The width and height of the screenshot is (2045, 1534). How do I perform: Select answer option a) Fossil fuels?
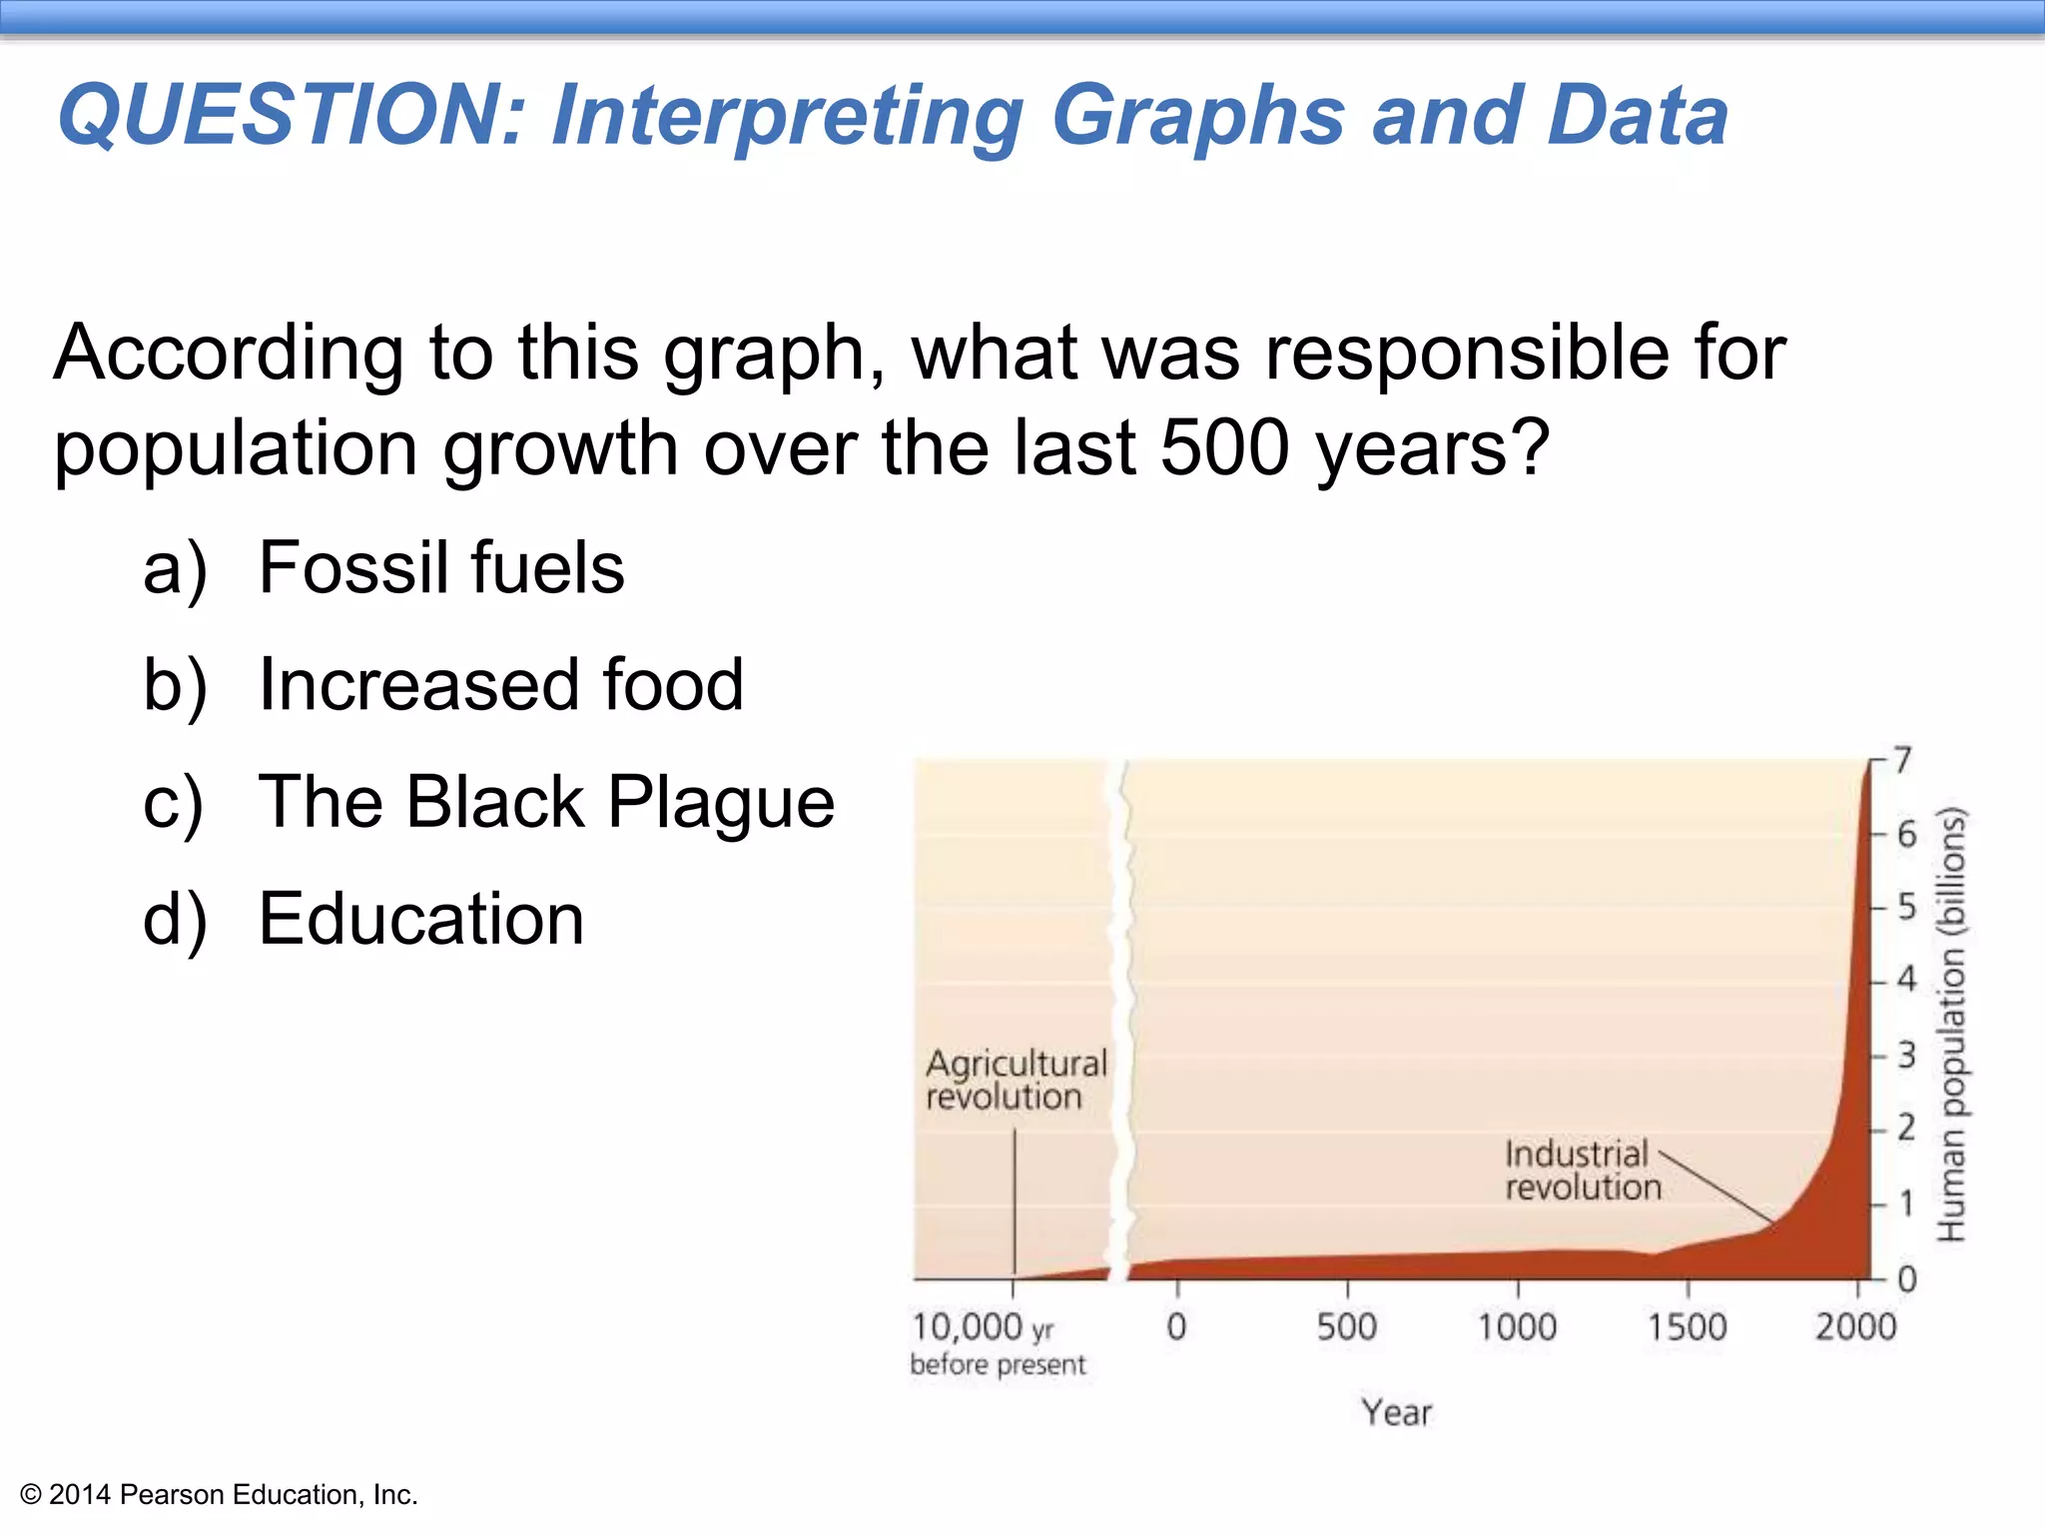click(x=440, y=568)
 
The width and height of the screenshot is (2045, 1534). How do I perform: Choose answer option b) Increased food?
click(x=500, y=685)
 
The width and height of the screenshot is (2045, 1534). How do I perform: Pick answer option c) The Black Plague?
click(x=545, y=802)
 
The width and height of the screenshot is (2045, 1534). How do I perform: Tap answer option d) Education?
click(x=420, y=919)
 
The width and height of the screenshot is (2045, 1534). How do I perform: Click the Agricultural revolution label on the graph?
click(x=1016, y=1080)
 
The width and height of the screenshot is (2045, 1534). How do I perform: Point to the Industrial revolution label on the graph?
click(x=1582, y=1170)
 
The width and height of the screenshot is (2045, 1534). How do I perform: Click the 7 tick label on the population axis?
click(x=1903, y=761)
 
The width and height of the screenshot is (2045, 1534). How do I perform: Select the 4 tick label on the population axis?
click(x=1906, y=980)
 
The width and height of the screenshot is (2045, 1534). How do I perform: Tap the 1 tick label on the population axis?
click(x=1906, y=1203)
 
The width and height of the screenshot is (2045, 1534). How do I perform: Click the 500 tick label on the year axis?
click(x=1346, y=1327)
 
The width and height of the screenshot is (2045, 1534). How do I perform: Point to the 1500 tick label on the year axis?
click(x=1687, y=1327)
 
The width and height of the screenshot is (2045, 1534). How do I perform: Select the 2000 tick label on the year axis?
click(x=1855, y=1327)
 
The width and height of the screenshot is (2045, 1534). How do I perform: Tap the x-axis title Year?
click(x=1396, y=1413)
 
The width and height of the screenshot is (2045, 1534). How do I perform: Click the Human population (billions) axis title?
click(x=1951, y=1024)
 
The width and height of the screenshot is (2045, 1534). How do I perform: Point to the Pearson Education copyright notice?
click(x=219, y=1495)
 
